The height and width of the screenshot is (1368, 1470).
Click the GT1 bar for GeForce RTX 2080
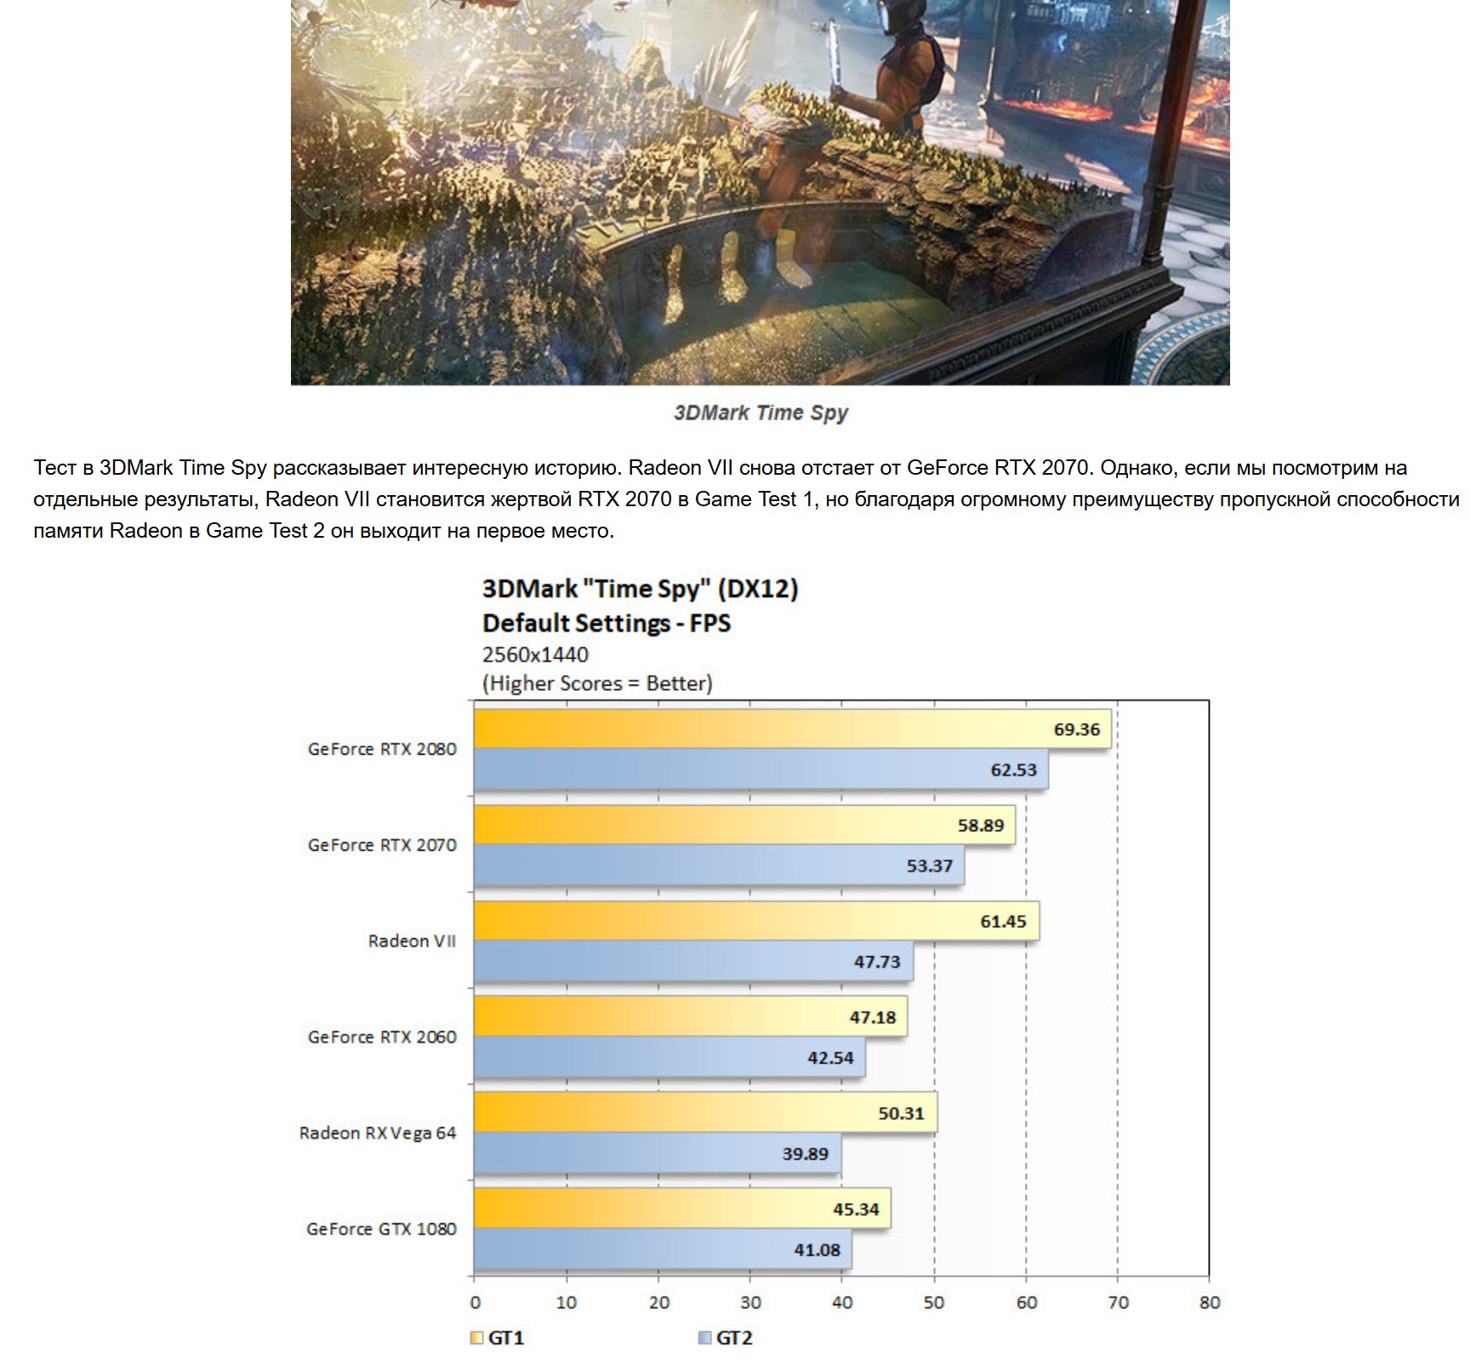pos(791,729)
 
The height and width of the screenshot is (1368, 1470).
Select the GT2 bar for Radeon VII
pos(693,961)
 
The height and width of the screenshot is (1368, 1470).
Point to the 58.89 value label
pos(980,825)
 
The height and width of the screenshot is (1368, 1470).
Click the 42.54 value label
pos(830,1058)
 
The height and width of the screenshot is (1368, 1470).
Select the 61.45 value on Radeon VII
pos(1003,921)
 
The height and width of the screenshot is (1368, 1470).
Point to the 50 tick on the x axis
pos(934,1302)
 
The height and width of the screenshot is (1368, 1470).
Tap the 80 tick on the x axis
pos(1209,1302)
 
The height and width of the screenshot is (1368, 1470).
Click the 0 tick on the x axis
pos(475,1302)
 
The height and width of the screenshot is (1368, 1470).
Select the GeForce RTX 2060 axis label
pos(382,1037)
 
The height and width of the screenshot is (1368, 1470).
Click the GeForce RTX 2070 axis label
pos(382,845)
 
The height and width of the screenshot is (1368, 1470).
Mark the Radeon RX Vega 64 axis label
pos(378,1133)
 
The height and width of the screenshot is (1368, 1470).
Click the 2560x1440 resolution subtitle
pos(535,654)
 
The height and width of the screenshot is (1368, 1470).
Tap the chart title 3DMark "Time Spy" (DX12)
pos(640,589)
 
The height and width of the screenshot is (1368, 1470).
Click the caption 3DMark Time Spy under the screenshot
pos(761,413)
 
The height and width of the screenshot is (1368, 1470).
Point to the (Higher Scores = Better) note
pos(597,683)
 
